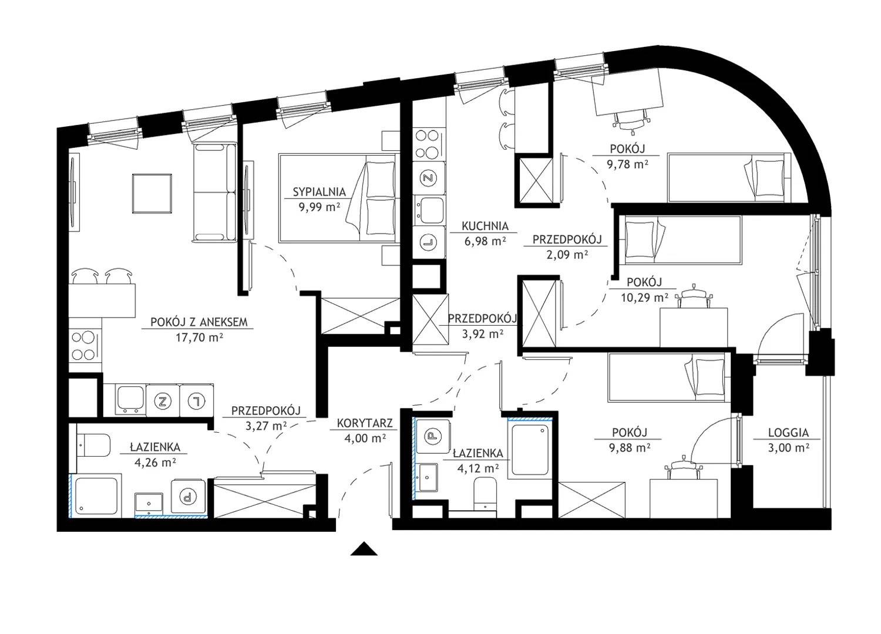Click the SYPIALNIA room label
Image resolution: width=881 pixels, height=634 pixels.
(320, 192)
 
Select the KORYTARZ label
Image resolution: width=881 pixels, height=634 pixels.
(365, 423)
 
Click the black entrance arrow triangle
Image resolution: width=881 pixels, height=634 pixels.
(364, 549)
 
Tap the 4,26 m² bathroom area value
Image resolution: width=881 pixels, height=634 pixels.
(155, 462)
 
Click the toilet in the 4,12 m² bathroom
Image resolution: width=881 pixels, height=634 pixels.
(485, 494)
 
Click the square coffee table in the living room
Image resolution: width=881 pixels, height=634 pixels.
(152, 194)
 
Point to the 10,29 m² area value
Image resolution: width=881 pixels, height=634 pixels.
(645, 298)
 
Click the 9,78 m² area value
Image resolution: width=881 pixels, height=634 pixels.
(628, 164)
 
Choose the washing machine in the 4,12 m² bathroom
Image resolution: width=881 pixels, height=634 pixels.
(433, 436)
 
